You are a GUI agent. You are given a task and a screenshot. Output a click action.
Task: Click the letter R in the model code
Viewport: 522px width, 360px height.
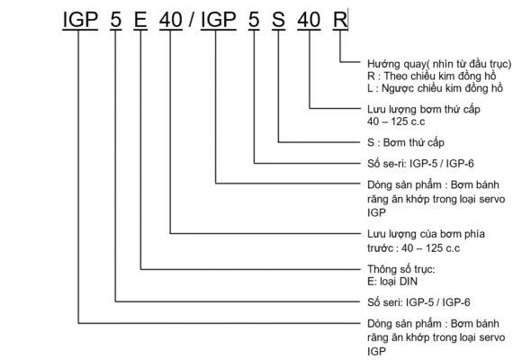[x=340, y=19]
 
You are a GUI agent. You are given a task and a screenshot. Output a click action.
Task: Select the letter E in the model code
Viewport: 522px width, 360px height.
[x=140, y=19]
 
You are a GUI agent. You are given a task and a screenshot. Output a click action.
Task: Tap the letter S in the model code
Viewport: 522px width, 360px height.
[x=278, y=19]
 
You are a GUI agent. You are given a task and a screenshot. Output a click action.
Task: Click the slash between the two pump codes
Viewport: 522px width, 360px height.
[x=192, y=19]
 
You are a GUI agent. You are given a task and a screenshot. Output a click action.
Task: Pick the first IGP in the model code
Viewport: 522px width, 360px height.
[x=80, y=19]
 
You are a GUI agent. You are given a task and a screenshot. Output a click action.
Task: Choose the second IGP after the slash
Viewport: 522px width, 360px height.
[x=219, y=19]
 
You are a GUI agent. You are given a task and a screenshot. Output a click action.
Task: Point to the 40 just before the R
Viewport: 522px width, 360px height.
[x=309, y=19]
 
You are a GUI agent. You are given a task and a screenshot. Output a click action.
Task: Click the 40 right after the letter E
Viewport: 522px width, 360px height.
[x=171, y=19]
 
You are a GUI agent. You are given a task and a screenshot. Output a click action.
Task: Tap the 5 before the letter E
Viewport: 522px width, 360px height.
[x=115, y=19]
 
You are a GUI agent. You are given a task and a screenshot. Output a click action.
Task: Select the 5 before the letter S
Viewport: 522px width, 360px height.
[x=254, y=19]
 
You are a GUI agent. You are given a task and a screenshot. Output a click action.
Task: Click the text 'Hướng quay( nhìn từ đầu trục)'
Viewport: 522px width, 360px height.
[x=439, y=64]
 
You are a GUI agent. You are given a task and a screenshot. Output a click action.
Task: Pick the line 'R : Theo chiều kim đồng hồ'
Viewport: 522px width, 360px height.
[x=432, y=76]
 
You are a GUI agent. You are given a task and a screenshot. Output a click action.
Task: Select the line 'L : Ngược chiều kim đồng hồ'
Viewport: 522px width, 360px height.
[x=435, y=88]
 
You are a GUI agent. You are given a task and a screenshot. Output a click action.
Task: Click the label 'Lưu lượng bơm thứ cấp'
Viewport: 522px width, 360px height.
[x=424, y=110]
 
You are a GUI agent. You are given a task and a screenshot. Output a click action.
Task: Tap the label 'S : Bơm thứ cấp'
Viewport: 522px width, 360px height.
[x=406, y=143]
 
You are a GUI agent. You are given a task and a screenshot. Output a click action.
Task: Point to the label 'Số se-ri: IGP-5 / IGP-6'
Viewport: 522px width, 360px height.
[x=420, y=164]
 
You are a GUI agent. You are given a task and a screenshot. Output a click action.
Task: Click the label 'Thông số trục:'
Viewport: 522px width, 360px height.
[x=401, y=269]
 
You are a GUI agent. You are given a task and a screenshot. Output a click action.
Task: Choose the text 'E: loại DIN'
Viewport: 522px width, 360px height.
[x=392, y=282]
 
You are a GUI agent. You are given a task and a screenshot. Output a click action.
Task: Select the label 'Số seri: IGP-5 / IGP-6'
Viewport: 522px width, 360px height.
[x=418, y=302]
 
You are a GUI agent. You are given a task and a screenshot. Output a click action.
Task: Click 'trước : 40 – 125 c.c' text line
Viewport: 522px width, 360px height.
[x=413, y=248]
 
